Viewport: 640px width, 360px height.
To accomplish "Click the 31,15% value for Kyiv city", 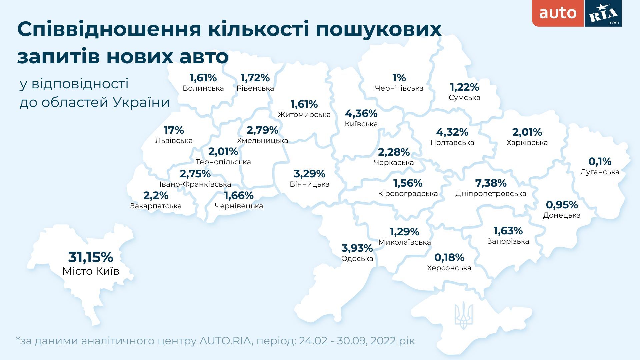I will click(x=91, y=257).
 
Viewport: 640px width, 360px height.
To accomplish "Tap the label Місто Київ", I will click(x=91, y=271).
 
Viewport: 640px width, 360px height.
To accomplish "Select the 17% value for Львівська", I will click(x=174, y=130).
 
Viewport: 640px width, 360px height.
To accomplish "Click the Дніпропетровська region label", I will click(x=491, y=194).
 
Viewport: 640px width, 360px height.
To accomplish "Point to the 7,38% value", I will click(x=491, y=183).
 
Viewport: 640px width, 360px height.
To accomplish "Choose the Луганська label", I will click(x=600, y=172).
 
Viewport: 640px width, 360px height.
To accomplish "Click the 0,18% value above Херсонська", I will click(x=449, y=257).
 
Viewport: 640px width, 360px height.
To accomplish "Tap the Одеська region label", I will click(x=357, y=259).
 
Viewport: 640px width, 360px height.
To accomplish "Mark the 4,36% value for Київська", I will click(x=361, y=114).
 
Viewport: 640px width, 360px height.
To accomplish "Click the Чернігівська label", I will click(x=399, y=88).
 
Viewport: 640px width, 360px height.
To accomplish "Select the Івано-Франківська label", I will click(x=195, y=184).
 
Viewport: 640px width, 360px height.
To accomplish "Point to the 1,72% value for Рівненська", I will click(x=255, y=78).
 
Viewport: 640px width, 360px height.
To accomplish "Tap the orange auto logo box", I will click(x=558, y=13).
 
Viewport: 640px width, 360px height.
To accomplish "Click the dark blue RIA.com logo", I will click(x=603, y=13).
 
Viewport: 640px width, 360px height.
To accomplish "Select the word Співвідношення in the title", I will click(x=109, y=29).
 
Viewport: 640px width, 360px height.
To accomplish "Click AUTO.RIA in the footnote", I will click(x=226, y=341).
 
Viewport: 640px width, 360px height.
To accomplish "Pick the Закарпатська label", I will click(x=156, y=206).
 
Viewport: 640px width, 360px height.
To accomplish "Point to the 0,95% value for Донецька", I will click(x=562, y=204).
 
